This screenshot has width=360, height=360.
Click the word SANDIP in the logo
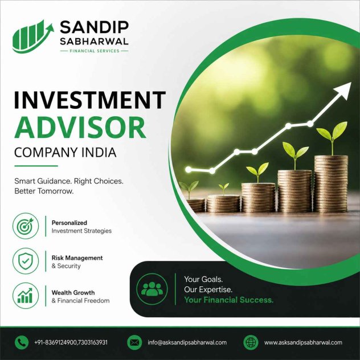94,27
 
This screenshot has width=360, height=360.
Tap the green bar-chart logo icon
33,36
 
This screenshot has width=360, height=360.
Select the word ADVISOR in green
80,128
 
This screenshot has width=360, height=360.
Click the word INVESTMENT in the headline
90,100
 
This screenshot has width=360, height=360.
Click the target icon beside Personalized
26,226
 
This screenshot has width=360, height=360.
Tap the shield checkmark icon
26,261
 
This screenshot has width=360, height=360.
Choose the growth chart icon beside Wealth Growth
26,296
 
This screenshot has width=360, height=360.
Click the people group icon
152,289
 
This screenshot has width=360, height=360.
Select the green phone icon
22,342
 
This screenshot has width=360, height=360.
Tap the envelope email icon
134,342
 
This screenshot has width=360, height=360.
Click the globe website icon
251,342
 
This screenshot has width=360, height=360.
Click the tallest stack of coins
331,183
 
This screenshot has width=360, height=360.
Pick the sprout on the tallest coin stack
332,138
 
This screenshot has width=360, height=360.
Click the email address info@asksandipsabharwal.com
187,342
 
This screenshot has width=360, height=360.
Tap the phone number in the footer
71,342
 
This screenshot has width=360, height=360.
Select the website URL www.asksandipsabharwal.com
303,342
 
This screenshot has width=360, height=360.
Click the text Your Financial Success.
228,300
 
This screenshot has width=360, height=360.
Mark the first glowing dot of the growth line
189,170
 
